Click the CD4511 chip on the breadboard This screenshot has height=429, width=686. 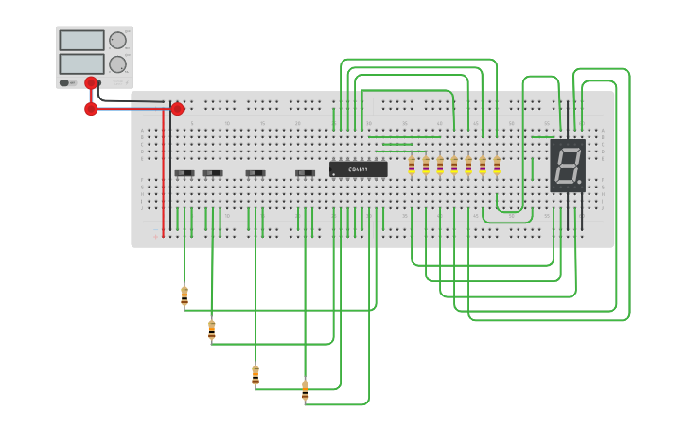[358, 170]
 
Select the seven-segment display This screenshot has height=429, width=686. [568, 166]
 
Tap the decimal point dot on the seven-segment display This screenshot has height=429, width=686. [579, 182]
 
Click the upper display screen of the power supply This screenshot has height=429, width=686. [81, 41]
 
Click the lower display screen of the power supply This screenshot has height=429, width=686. [81, 63]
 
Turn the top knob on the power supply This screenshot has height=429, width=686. [117, 40]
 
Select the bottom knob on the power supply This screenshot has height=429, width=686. [117, 64]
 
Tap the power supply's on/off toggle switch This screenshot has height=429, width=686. [65, 82]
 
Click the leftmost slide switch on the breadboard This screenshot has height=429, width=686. [185, 172]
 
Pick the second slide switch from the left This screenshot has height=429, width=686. [213, 172]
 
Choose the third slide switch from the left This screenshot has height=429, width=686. [255, 172]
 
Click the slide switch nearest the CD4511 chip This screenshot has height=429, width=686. [305, 172]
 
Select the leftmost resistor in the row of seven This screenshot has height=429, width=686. [412, 166]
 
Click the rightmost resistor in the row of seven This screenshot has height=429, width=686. [497, 166]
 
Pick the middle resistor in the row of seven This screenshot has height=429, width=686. [454, 166]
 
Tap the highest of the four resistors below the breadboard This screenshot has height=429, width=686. [185, 296]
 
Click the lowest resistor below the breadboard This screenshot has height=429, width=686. [305, 389]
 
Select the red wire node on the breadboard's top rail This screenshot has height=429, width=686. [177, 109]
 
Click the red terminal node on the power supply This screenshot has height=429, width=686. [91, 83]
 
